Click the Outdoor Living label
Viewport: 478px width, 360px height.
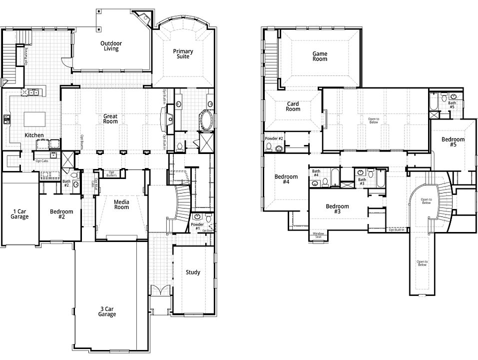[x=110, y=46]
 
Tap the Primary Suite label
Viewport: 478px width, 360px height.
[x=183, y=54]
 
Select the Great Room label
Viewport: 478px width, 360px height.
[x=110, y=118]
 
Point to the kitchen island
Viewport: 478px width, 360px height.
[x=34, y=119]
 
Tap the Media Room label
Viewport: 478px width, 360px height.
[x=121, y=204]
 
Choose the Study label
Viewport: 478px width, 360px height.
[x=193, y=272]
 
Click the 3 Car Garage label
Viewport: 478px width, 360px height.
[x=107, y=311]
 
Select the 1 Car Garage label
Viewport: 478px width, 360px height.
[x=19, y=214]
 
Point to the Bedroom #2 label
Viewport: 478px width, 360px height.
[x=61, y=214]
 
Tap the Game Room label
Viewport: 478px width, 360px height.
[x=320, y=56]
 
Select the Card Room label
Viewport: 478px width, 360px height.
[x=293, y=106]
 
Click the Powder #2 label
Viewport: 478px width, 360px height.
[x=274, y=138]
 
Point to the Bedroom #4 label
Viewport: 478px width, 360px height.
[x=286, y=179]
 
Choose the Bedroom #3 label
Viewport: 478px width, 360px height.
[x=337, y=209]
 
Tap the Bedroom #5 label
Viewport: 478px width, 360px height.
[x=453, y=142]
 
